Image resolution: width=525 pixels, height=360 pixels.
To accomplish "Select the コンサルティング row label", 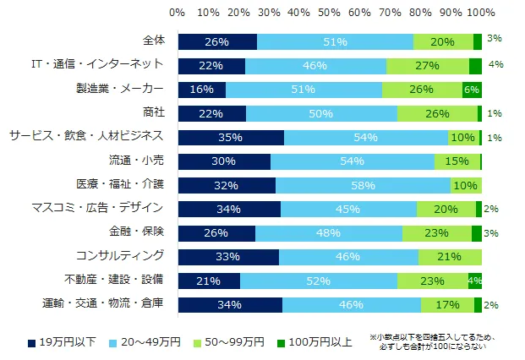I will pos(129,254).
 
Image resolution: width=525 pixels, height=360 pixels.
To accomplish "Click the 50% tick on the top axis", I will pos(330,12).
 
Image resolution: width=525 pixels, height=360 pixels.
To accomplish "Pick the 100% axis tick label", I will pos(482,12).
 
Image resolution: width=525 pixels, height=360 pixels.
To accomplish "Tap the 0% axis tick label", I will pos(178,12).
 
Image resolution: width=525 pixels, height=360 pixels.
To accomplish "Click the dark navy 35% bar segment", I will pos(231,138).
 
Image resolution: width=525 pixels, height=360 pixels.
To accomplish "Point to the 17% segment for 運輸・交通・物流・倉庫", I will pos(448,305).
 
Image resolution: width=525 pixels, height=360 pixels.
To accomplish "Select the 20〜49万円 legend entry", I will pos(149,341).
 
